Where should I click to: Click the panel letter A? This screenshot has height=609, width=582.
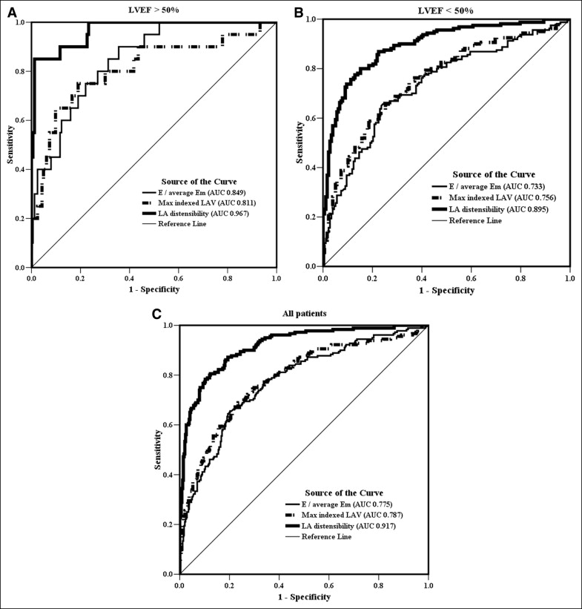[x=7, y=10]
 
